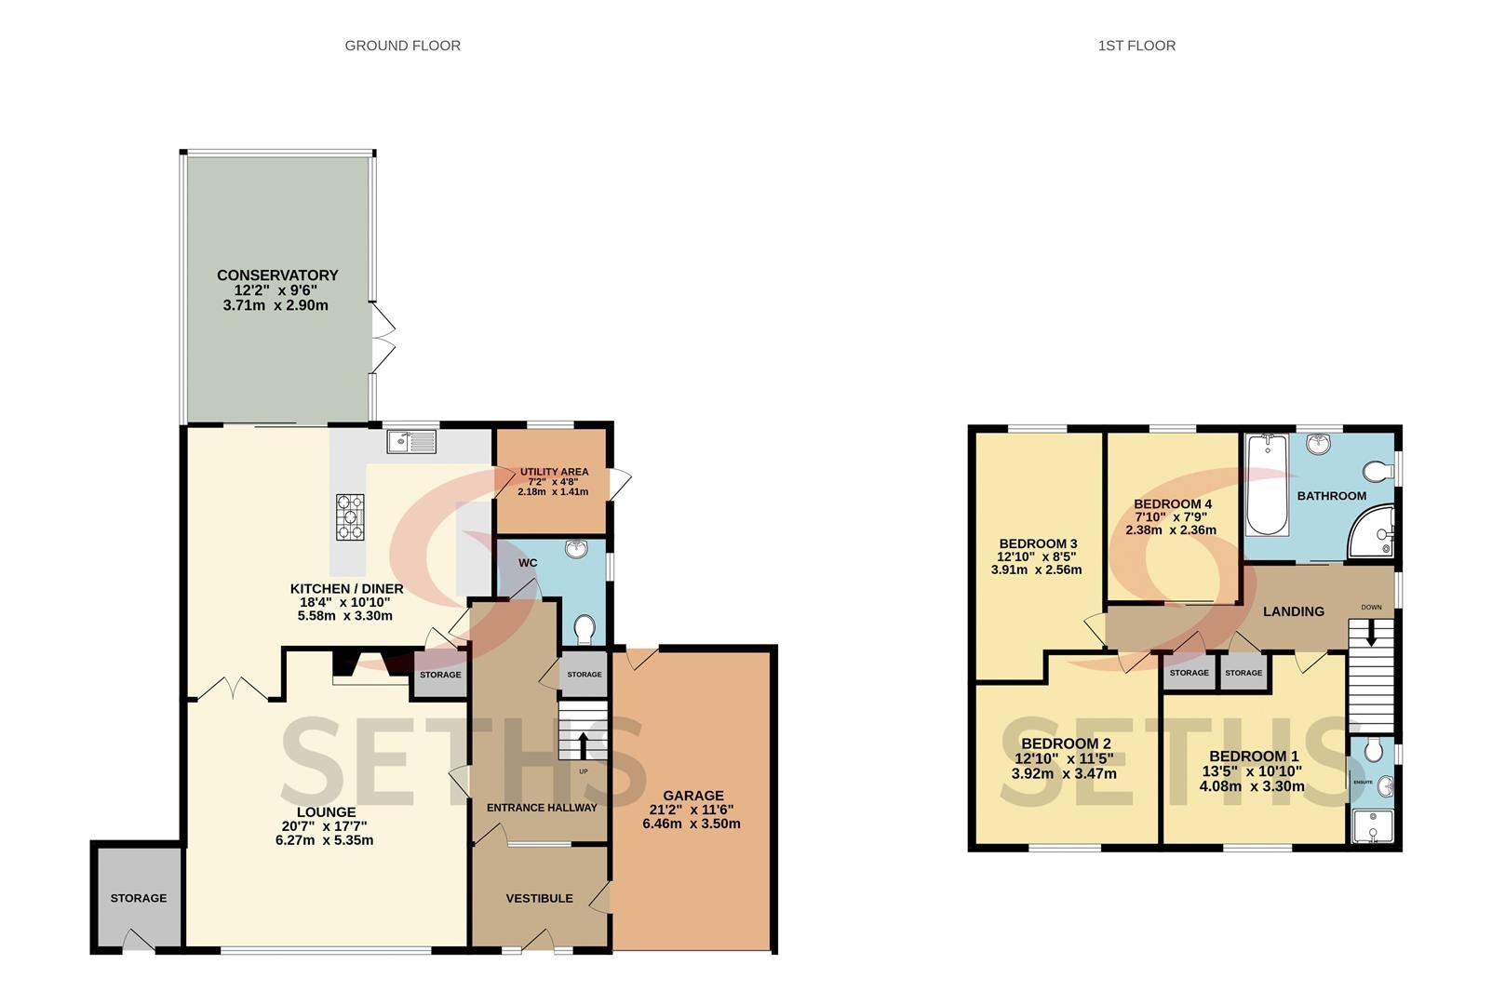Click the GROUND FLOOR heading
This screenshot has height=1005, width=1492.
coord(402,46)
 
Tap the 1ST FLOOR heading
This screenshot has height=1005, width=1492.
coord(1136,46)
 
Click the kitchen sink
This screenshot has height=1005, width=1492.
coord(412,442)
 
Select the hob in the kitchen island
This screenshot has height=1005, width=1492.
coord(350,516)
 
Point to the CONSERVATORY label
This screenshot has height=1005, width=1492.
coord(277,275)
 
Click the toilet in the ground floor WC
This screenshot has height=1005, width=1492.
coord(585,629)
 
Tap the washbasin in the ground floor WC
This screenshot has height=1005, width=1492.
coord(576,548)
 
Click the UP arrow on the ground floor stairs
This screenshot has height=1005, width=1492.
coord(583,745)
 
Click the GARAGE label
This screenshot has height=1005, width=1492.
coord(693,796)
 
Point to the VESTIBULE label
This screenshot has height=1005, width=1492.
coord(540,898)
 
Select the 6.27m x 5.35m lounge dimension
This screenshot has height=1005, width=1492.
coord(325,840)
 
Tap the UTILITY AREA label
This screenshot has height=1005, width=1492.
coord(554,472)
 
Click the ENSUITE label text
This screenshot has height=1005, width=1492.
coord(1363,783)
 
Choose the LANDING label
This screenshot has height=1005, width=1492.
coord(1294,611)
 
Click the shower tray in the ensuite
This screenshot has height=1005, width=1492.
coord(1371,825)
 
